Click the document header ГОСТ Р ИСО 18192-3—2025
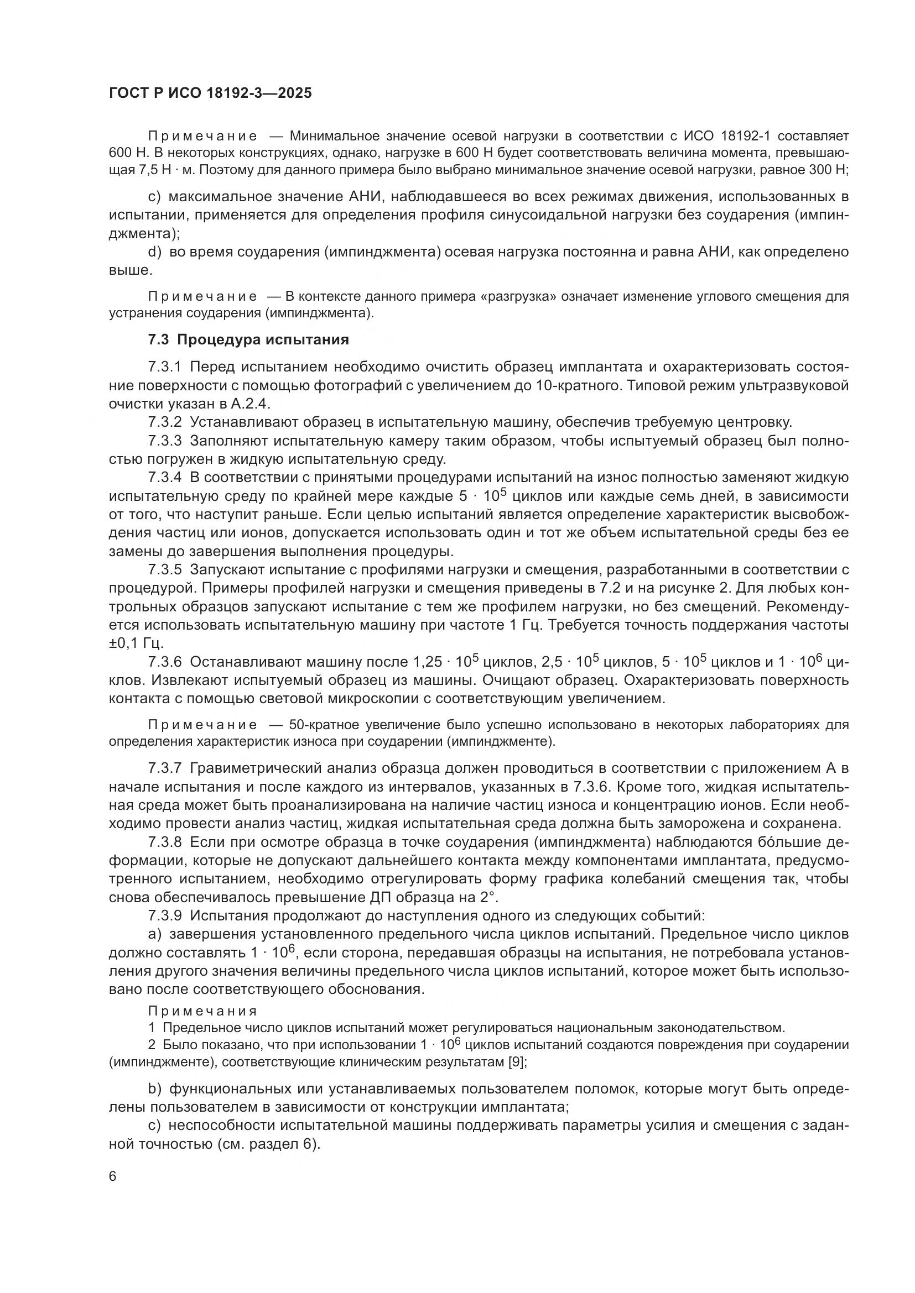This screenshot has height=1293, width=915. [x=210, y=93]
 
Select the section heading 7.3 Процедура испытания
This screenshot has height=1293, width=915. [x=248, y=339]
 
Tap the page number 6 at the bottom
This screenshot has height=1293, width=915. [x=113, y=1176]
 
